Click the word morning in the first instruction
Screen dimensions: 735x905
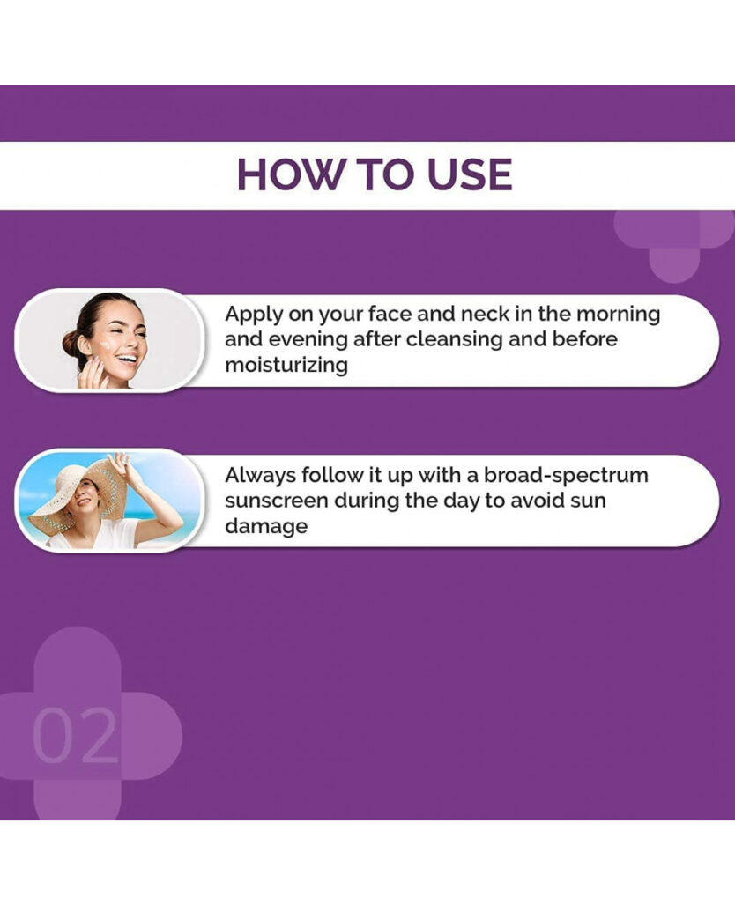click(619, 314)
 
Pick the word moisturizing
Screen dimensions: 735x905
click(286, 366)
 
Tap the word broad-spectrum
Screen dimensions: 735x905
click(566, 476)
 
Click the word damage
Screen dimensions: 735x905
click(266, 527)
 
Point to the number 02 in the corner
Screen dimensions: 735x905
click(75, 736)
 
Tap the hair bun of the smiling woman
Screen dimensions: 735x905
click(71, 344)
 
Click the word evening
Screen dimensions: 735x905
click(308, 340)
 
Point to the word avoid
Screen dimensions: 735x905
click(536, 501)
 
